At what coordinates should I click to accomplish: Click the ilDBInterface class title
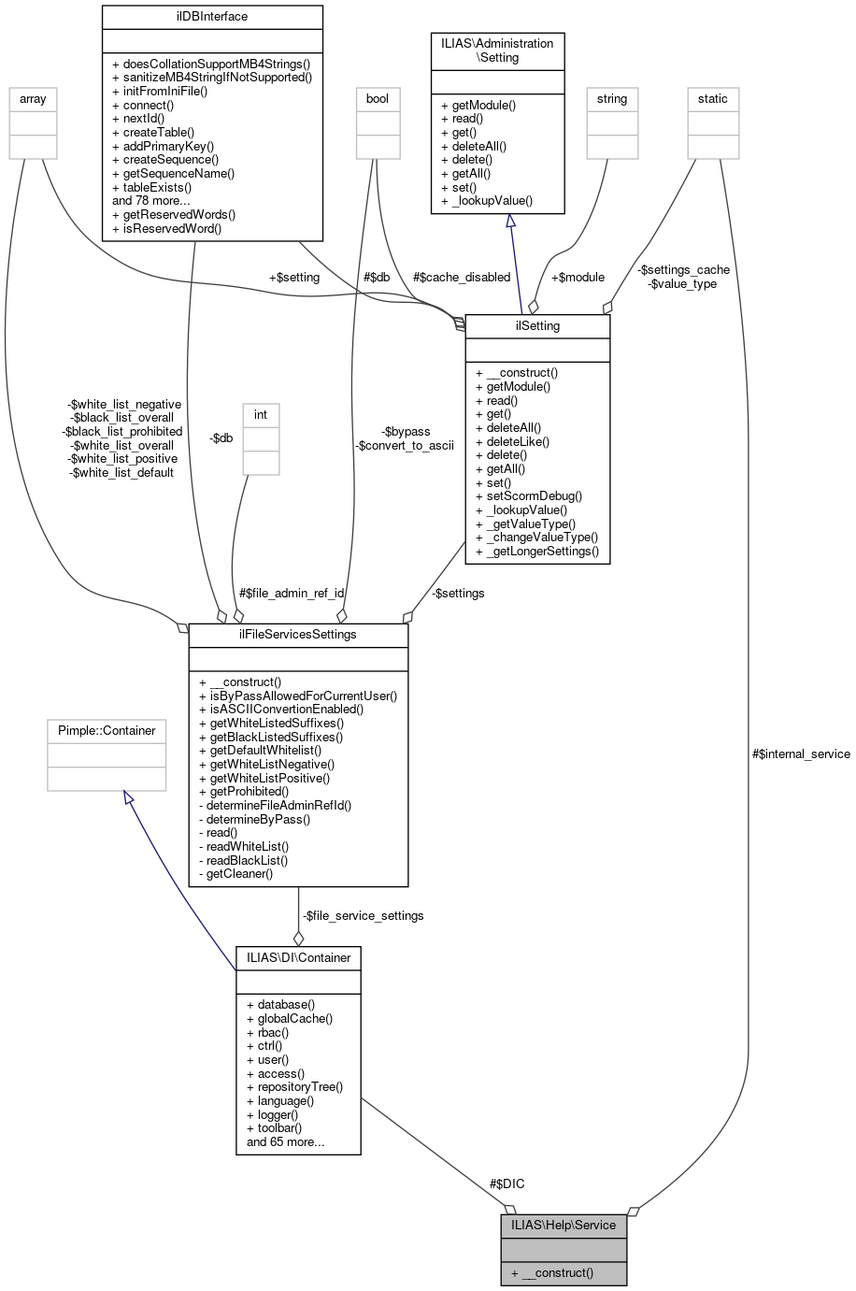[211, 17]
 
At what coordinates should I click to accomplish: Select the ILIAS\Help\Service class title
[563, 1225]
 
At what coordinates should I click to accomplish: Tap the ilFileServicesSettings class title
[298, 635]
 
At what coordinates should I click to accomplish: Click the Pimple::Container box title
[107, 730]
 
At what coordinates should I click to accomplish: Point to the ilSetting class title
[537, 326]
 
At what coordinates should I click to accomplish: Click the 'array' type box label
[33, 99]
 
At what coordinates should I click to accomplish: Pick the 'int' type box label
[261, 415]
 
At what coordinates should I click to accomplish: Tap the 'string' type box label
[612, 99]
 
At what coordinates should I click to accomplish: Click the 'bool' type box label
[378, 99]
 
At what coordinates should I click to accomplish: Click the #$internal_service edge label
[801, 753]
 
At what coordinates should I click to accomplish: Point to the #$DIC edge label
[506, 1183]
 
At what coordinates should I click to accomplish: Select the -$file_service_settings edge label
[363, 915]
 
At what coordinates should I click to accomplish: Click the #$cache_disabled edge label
[462, 277]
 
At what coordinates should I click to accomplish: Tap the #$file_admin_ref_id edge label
[292, 593]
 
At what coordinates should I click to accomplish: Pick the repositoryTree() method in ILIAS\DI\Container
[294, 1087]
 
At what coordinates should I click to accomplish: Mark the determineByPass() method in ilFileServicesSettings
[254, 819]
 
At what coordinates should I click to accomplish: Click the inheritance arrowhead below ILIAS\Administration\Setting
[510, 221]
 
